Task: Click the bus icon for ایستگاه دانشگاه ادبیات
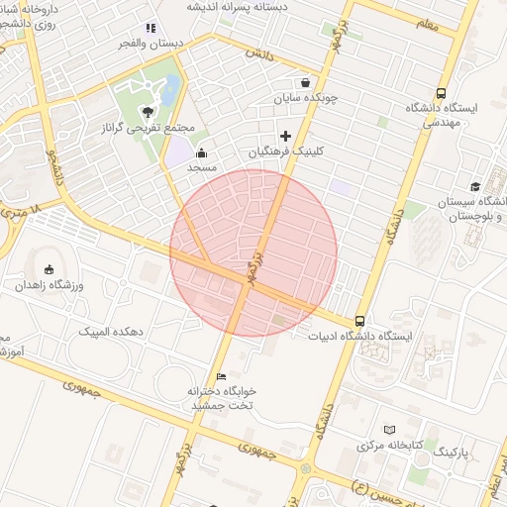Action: [358, 321]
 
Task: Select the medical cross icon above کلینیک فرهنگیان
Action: [286, 136]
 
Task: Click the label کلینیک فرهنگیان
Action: [286, 152]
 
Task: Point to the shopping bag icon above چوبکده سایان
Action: [305, 82]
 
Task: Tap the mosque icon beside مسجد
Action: [202, 152]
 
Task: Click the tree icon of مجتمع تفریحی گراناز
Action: [148, 112]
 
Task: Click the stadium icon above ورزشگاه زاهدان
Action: [49, 269]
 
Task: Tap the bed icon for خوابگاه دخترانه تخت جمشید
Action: [221, 376]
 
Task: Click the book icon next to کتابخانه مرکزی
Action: [388, 429]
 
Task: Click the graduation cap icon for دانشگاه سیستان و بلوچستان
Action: [475, 186]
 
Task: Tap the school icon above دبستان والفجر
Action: [151, 29]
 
